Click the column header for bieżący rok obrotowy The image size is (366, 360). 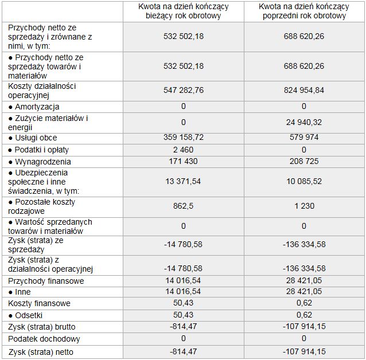(x=183, y=11)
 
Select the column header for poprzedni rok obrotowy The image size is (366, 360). (x=303, y=11)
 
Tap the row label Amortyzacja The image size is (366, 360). (x=34, y=107)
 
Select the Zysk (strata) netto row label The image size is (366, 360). (x=41, y=351)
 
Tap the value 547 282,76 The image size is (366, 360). (x=183, y=91)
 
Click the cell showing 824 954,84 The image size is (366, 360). (x=303, y=91)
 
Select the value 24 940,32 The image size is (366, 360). (x=303, y=122)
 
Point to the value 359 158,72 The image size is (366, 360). (x=183, y=138)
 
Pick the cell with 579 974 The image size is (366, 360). (x=303, y=138)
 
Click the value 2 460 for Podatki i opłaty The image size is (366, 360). (x=183, y=150)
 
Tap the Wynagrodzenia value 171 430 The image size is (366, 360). (x=183, y=162)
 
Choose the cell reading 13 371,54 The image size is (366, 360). (x=183, y=182)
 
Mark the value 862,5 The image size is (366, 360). (x=183, y=206)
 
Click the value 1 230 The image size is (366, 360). (x=303, y=206)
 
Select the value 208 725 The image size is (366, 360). (x=303, y=162)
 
